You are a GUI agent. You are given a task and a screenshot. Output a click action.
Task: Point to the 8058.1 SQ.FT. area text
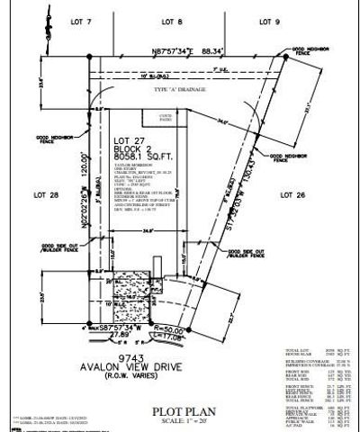[x=135, y=147]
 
